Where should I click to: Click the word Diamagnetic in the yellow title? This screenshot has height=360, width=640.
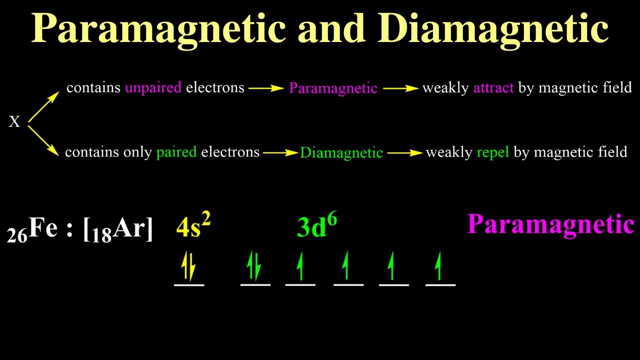tap(496, 29)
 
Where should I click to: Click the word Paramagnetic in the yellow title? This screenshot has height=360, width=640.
tap(158, 29)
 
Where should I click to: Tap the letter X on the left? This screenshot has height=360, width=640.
tap(14, 122)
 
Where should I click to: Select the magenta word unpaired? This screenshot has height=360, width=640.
tap(153, 88)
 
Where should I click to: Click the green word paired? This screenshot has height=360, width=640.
tap(176, 152)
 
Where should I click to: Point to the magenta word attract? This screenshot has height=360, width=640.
tap(493, 88)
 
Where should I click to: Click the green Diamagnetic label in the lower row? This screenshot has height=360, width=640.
tap(341, 152)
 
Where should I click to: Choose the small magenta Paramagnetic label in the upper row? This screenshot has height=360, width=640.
tap(333, 88)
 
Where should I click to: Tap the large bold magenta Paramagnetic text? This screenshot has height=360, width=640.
tap(550, 224)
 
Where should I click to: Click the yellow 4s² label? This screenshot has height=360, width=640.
tap(193, 226)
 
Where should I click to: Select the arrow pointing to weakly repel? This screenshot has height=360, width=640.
tap(404, 152)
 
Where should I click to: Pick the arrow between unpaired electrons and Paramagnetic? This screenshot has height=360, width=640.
tap(266, 88)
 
